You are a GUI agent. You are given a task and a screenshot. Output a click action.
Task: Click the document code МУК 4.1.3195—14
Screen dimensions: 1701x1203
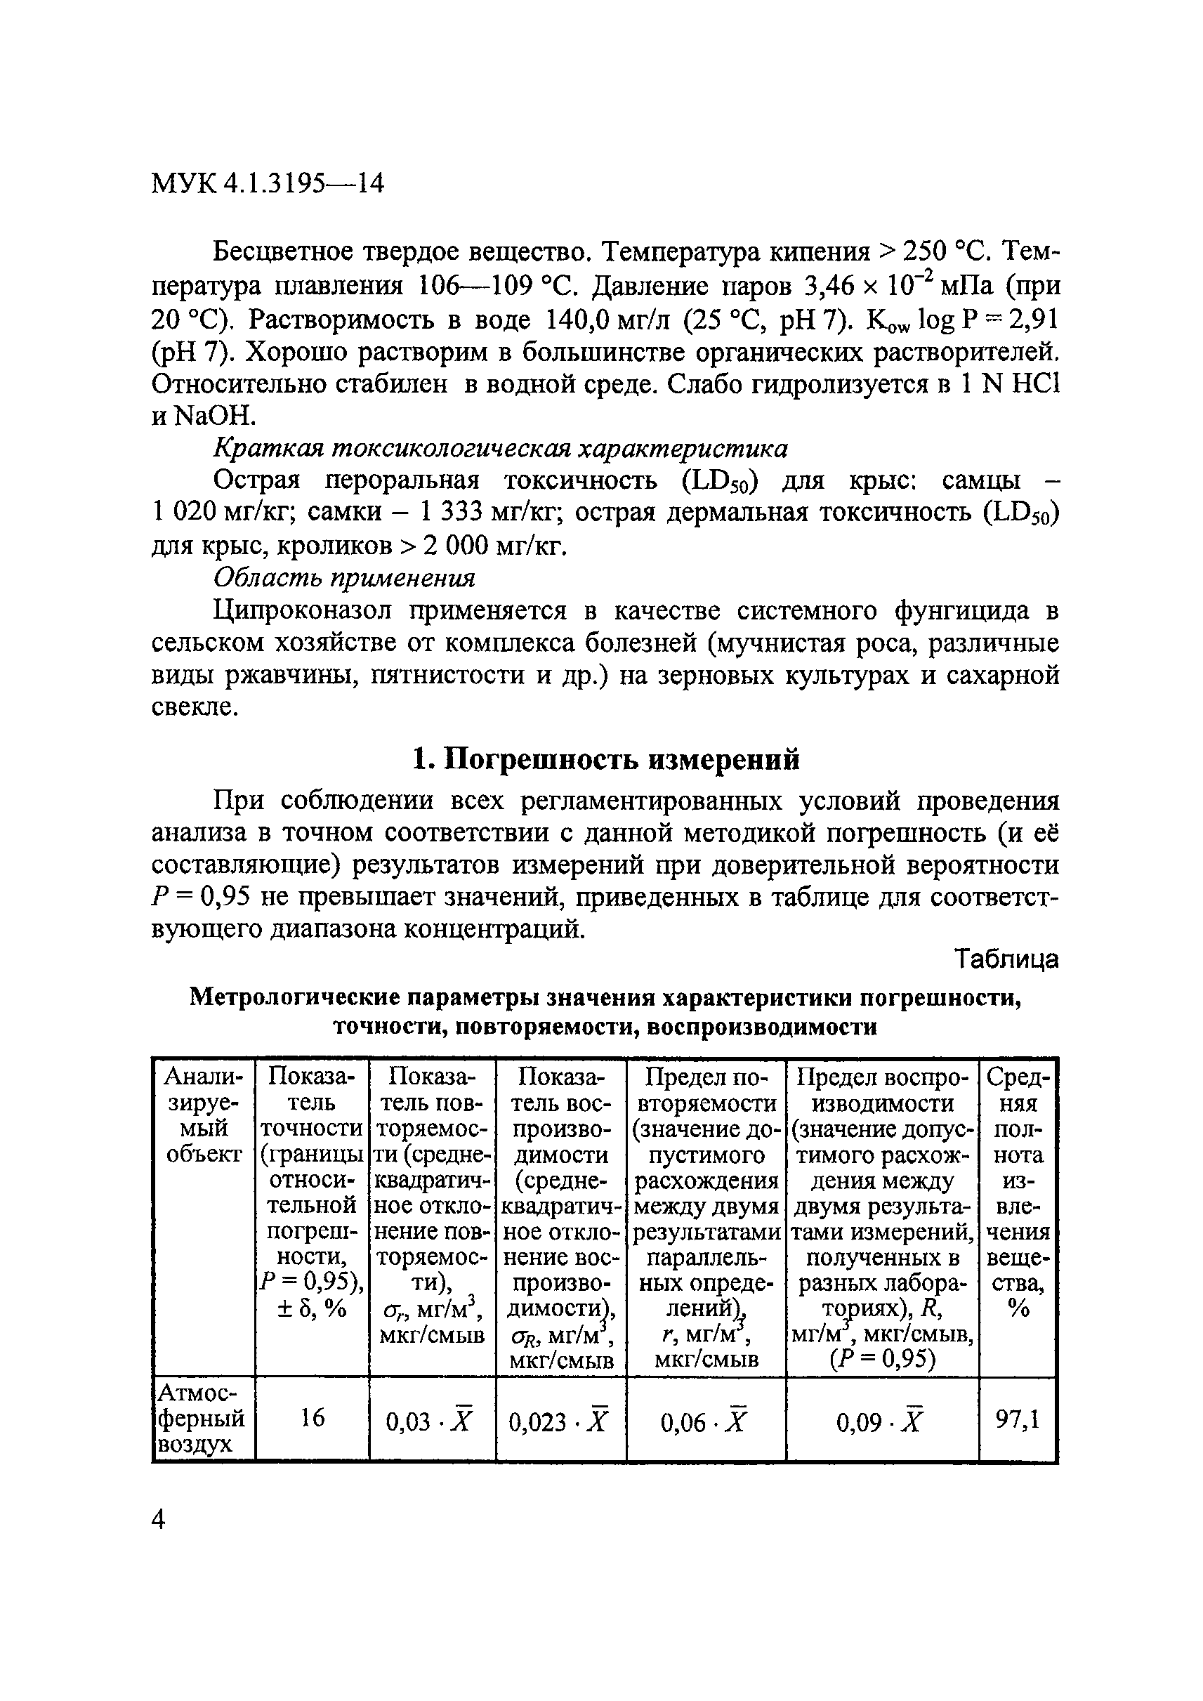coord(268,183)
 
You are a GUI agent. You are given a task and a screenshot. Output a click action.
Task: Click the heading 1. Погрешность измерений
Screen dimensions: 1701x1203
coord(605,759)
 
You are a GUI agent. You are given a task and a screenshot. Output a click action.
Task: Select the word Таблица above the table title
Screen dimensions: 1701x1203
coord(1006,959)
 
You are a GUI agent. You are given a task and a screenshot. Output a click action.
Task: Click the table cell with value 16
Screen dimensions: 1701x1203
coord(312,1418)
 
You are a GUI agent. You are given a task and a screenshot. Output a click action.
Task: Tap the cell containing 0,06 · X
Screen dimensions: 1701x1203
coord(704,1421)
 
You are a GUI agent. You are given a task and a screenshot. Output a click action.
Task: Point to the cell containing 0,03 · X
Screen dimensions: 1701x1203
coord(430,1421)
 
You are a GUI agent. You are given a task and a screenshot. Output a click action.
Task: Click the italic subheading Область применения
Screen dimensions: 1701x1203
coord(343,577)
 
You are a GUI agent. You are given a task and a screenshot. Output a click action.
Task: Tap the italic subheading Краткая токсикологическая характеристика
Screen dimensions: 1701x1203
coord(501,448)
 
